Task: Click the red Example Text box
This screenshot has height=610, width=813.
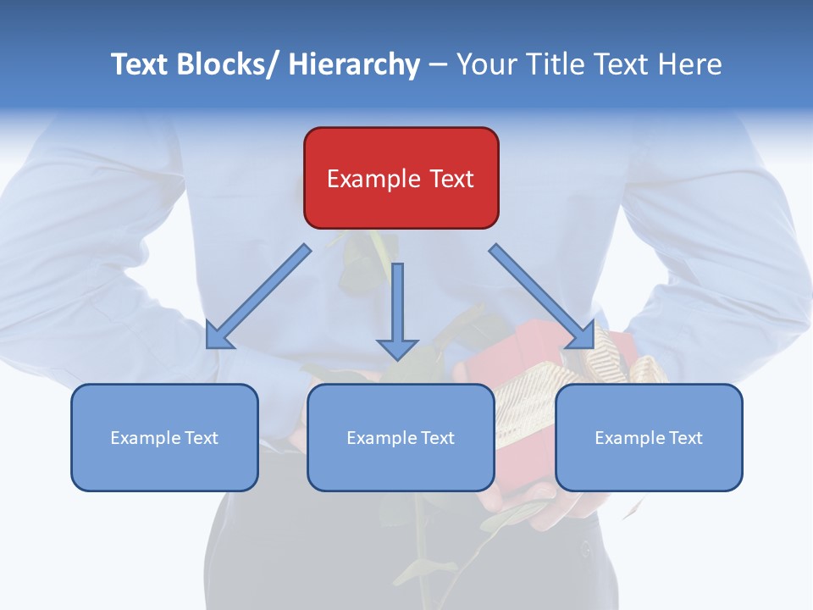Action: coord(401,178)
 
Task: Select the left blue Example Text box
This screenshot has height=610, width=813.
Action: coord(164,437)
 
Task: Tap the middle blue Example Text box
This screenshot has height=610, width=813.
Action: coord(401,437)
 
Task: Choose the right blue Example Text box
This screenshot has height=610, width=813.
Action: coord(649,437)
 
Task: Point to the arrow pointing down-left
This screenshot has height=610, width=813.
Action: coord(259,296)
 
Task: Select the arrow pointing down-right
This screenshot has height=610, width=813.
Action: coord(540,296)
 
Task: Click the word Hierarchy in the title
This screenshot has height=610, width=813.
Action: coord(354,65)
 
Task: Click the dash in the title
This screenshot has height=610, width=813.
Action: coord(438,65)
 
